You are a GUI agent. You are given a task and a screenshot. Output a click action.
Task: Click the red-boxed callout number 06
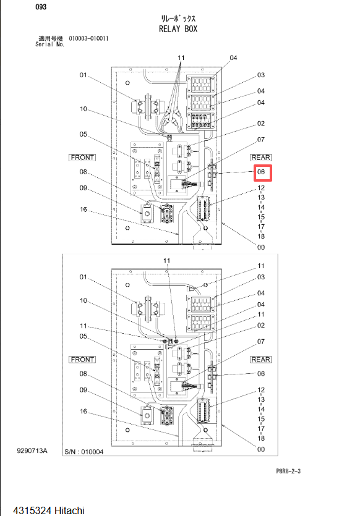click(x=261, y=172)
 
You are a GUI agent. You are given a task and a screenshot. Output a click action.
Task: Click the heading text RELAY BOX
click(x=178, y=29)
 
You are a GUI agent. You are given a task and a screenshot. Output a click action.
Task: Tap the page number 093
click(x=41, y=7)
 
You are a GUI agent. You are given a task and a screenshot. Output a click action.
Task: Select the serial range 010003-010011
click(x=88, y=38)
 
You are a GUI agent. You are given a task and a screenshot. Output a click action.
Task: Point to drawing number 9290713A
click(x=32, y=450)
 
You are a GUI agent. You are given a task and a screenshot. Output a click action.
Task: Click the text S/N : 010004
click(x=84, y=452)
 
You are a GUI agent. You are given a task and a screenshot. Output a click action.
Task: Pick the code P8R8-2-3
click(x=288, y=472)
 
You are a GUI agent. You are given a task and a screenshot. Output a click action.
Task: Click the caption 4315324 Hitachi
click(x=49, y=510)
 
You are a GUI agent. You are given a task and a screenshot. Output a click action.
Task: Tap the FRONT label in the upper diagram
click(x=82, y=158)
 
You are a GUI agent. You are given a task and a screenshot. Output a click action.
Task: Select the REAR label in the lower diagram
click(x=261, y=360)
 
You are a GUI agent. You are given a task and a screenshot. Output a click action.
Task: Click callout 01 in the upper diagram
click(x=83, y=75)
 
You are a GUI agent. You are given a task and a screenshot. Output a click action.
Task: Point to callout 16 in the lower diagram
click(x=84, y=412)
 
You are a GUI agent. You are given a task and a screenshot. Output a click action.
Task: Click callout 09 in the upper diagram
click(x=83, y=188)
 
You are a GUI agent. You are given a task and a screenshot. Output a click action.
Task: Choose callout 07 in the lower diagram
click(x=261, y=342)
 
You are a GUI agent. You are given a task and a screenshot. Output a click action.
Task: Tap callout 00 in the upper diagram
click(x=261, y=247)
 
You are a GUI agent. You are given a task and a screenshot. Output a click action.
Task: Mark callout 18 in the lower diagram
click(x=261, y=438)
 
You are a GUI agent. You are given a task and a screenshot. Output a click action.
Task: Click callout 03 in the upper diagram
click(x=261, y=75)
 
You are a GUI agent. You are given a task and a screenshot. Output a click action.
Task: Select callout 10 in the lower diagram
click(x=84, y=301)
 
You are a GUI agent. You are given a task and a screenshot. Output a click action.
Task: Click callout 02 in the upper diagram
click(x=261, y=124)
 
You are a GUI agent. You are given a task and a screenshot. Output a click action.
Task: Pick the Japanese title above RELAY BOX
click(x=178, y=18)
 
